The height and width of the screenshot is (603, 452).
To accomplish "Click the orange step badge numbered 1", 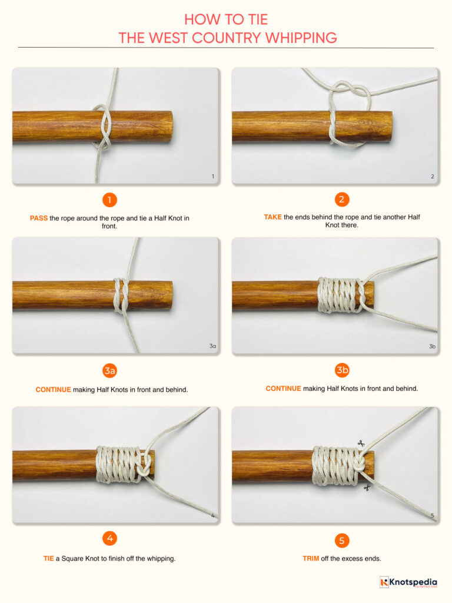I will [109, 200].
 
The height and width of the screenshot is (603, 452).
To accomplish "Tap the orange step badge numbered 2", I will [342, 200].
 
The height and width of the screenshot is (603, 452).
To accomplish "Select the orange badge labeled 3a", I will [109, 370].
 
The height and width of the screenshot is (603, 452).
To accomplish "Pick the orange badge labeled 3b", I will [342, 370].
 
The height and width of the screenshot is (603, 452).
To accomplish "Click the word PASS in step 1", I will [39, 218].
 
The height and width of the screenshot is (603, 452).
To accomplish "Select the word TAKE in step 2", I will [272, 217].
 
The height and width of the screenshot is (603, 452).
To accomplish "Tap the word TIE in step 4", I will [48, 558].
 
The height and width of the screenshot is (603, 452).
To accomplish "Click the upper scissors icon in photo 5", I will [360, 443].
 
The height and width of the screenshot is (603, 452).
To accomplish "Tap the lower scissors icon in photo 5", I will [367, 488].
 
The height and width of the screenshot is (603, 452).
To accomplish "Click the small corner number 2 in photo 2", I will [432, 176].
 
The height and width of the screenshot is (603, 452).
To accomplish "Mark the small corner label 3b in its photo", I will [432, 346].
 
